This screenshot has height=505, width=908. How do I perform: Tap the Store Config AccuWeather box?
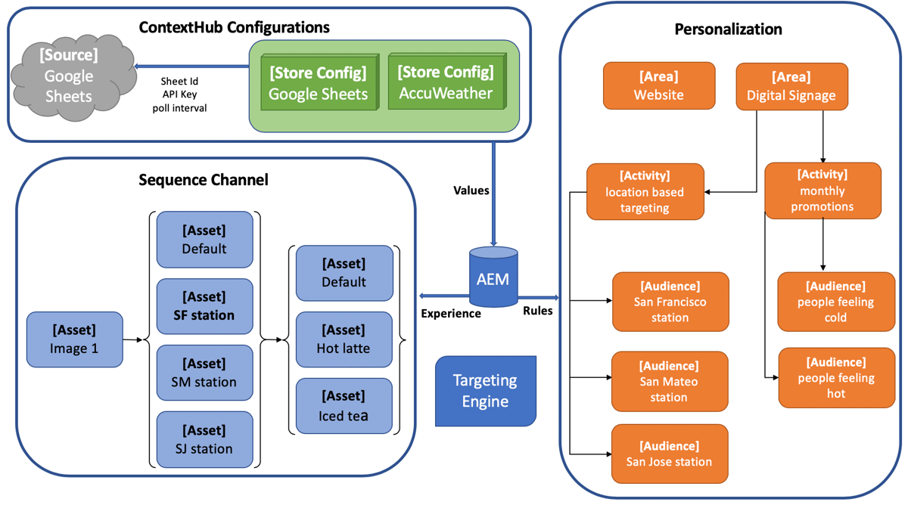point(446,82)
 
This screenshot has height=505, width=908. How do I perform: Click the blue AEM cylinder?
point(493,278)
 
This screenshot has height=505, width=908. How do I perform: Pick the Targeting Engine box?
point(485,391)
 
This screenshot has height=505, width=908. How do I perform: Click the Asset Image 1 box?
point(74,339)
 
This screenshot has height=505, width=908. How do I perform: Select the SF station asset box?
point(204,306)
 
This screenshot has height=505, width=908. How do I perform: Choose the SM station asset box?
point(204,373)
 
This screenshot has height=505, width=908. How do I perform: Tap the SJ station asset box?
point(204,439)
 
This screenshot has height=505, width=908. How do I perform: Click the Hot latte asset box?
point(344,339)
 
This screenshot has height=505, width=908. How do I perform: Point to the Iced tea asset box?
point(344,406)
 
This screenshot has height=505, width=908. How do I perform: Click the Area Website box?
point(658,85)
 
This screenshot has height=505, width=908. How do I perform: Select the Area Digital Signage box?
point(791,86)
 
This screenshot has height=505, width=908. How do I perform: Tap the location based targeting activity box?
point(645,191)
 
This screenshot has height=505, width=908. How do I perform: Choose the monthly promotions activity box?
point(822,191)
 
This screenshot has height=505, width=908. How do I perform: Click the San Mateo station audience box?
point(669,381)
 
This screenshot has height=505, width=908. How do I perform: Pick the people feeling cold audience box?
point(835,302)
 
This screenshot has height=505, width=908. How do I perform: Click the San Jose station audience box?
point(669,454)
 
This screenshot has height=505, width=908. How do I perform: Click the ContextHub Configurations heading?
point(235,28)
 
